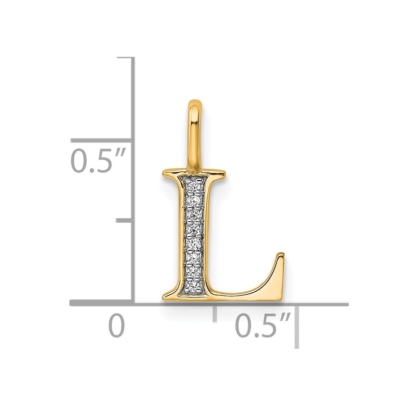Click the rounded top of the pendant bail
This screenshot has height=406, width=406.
click(x=195, y=103)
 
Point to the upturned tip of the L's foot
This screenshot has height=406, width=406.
click(x=282, y=253)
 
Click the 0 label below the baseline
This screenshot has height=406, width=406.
click(x=117, y=325)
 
